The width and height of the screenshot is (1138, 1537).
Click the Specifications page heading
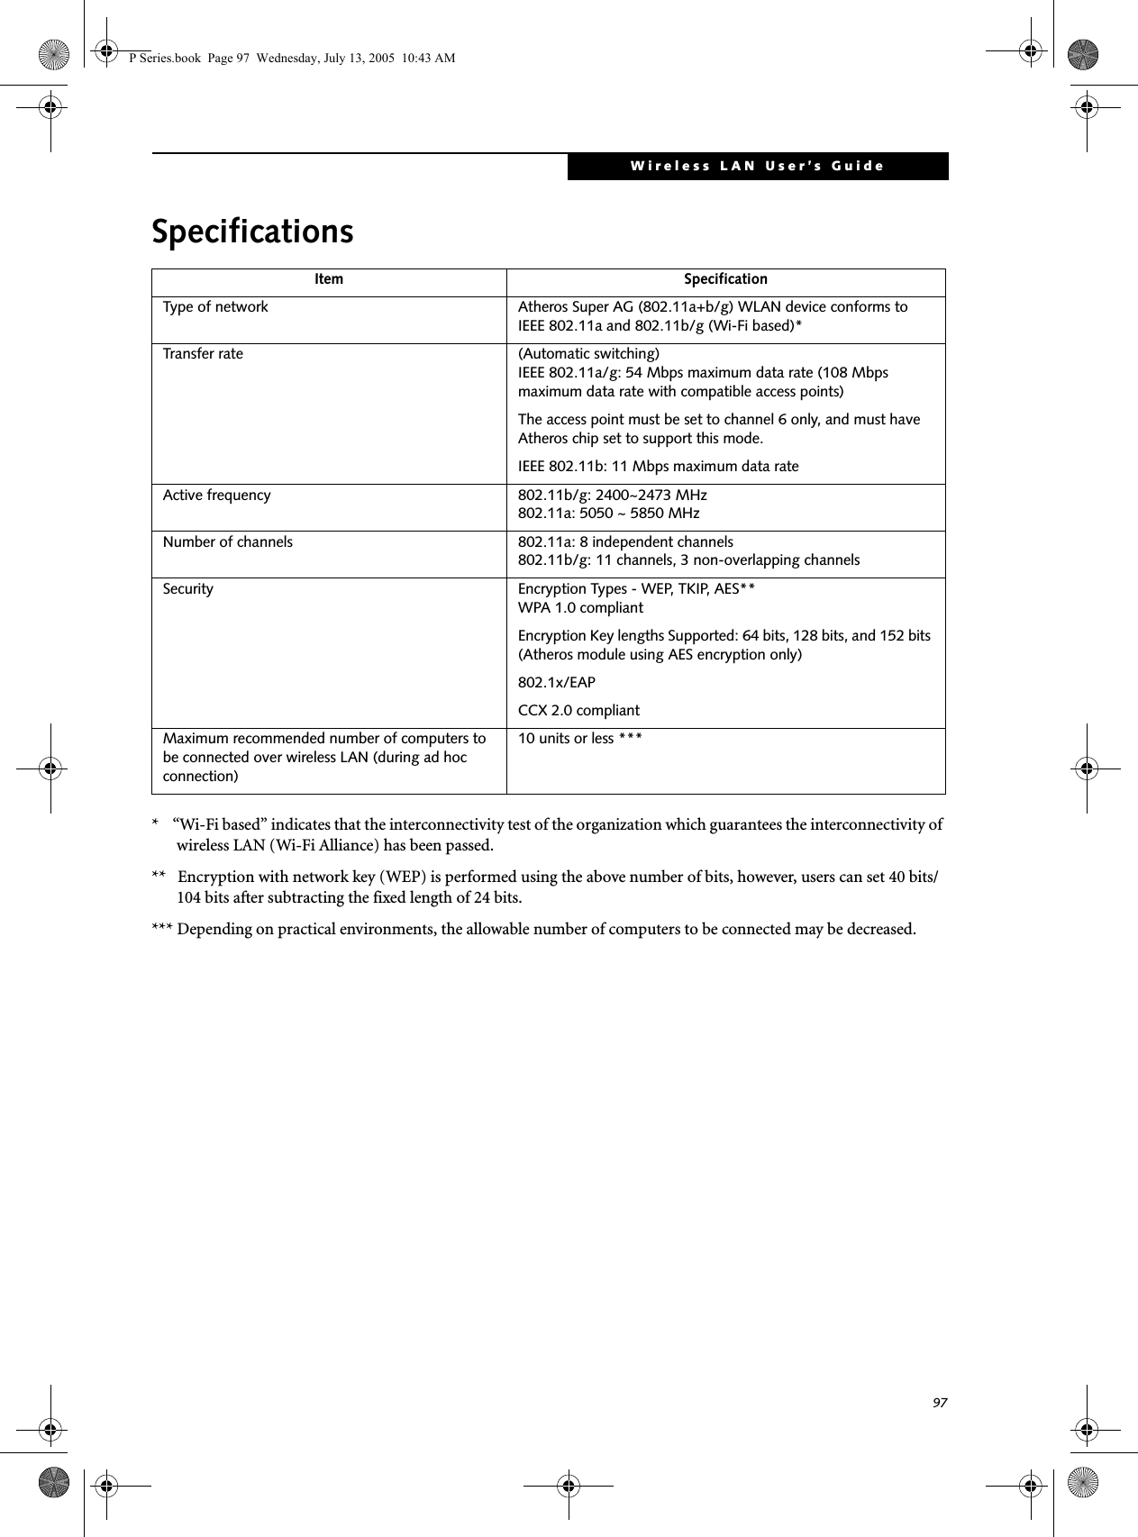252,232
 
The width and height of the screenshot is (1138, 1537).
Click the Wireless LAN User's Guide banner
757,166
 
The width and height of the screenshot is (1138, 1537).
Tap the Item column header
329,279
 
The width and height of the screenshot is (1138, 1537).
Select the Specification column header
725,279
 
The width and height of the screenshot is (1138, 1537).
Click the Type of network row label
215,307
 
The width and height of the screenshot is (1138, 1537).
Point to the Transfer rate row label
203,354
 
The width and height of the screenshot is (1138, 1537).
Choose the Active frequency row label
216,496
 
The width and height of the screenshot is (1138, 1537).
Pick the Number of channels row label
227,542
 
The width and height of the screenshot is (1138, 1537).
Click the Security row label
188,589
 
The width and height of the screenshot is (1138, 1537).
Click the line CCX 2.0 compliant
578,711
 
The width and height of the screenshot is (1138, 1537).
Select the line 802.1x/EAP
556,683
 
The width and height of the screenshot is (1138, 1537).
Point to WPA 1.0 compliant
580,607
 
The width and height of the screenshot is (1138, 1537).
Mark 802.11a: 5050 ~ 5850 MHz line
608,514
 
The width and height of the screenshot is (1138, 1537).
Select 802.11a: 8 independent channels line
625,541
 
